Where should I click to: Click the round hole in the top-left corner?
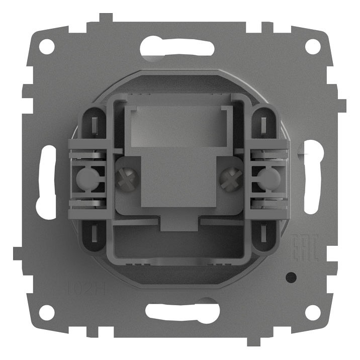tap(46, 47)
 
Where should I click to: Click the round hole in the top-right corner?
tap(313, 47)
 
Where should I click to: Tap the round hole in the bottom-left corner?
tap(46, 313)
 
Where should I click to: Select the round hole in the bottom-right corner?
tap(313, 313)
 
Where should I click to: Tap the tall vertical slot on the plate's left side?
tap(46, 182)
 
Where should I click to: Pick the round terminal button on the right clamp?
tap(270, 177)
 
